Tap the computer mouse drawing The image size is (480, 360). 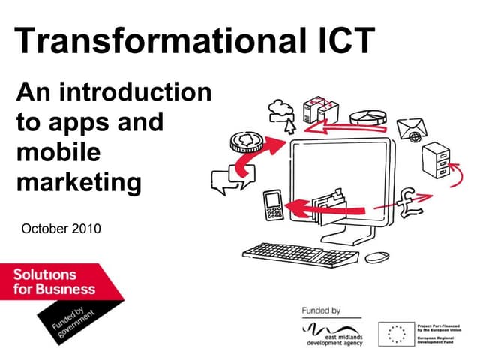pyautogui.click(x=378, y=256)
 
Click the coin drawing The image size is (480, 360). pyautogui.click(x=245, y=141)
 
